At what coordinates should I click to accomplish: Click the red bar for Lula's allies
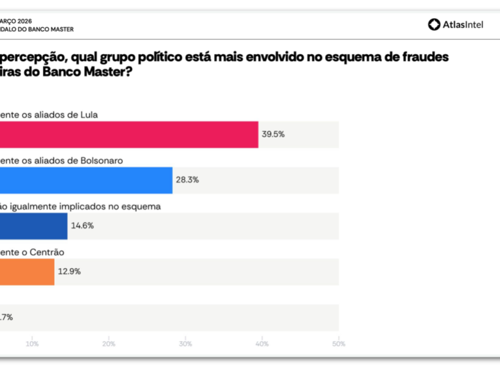pyautogui.click(x=128, y=135)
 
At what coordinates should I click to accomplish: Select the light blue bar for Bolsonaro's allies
pyautogui.click(x=86, y=181)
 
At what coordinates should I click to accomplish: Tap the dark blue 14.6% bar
pyautogui.click(x=33, y=226)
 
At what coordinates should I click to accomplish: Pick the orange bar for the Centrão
pyautogui.click(x=27, y=271)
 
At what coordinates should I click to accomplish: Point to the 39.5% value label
pyautogui.click(x=273, y=134)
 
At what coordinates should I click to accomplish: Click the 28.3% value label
pyautogui.click(x=187, y=180)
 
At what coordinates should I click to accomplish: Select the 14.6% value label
pyautogui.click(x=83, y=226)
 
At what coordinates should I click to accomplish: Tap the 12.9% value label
pyautogui.click(x=69, y=271)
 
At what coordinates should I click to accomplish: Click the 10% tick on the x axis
pyautogui.click(x=32, y=344)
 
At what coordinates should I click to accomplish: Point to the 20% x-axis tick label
pyautogui.click(x=109, y=344)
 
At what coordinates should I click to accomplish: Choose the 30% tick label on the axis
pyautogui.click(x=185, y=344)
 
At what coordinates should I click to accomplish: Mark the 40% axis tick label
pyautogui.click(x=262, y=344)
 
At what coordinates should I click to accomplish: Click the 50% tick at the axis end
pyautogui.click(x=338, y=344)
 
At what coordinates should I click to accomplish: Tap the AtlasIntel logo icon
pyautogui.click(x=434, y=24)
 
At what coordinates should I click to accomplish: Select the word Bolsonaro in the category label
pyautogui.click(x=102, y=160)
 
